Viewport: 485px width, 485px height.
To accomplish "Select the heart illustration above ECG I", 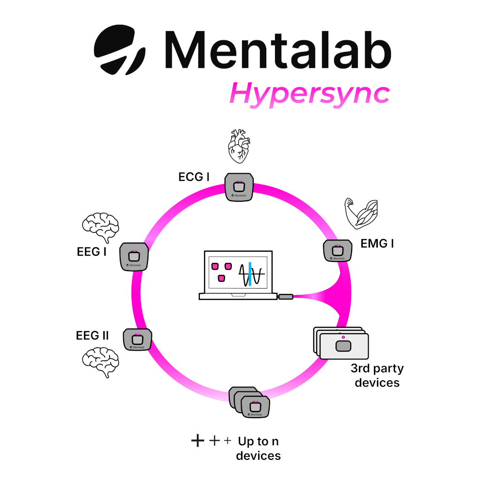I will pos(239,146).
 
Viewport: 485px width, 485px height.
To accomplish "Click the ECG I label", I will pos(194,177).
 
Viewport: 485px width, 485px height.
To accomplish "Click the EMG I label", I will pos(377,243).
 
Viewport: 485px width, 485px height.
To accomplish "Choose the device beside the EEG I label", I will pos(134,257).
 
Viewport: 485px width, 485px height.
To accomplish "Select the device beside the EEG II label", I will pos(138,340).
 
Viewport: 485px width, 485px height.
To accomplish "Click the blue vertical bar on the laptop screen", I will pos(249,274).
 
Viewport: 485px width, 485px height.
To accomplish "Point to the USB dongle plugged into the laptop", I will pos(285,296).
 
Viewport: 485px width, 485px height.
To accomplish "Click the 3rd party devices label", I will pos(377,375).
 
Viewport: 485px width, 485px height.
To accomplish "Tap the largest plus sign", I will pos(197,441).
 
